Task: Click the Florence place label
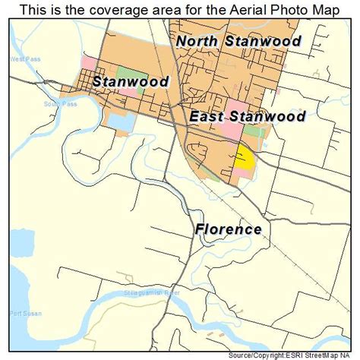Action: tap(227, 229)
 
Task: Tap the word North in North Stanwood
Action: tap(200, 41)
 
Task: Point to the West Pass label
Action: tap(18, 58)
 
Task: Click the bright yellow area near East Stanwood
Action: tap(244, 157)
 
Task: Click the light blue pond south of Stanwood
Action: tap(120, 121)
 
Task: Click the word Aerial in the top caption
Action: tap(237, 10)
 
